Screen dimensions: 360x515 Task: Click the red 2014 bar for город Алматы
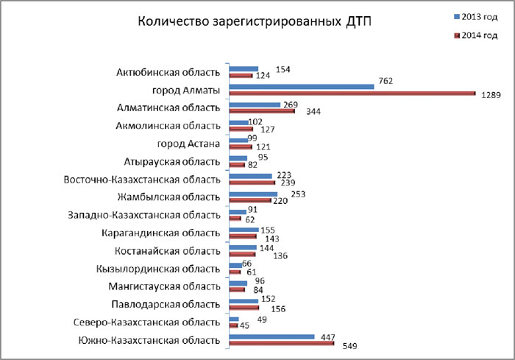[352, 93]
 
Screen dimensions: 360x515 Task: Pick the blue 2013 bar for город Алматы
[302, 86]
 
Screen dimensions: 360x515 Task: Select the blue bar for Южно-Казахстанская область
[271, 336]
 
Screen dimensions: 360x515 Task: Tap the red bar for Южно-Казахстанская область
[282, 343]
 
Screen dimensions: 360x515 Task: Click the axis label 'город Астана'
[188, 143]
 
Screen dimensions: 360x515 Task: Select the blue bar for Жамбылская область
[253, 194]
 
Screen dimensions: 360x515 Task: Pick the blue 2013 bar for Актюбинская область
[244, 68]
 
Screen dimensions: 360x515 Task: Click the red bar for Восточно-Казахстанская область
[252, 183]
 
